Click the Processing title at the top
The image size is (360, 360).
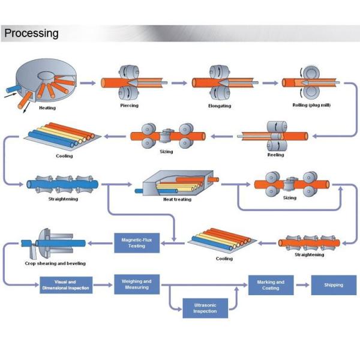pos(31,33)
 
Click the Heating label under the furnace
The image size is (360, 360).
pos(47,109)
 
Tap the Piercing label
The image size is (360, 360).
pos(129,106)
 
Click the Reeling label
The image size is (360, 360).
pos(275,155)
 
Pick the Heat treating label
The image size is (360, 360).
pos(177,199)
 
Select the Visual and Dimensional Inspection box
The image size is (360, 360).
pos(66,285)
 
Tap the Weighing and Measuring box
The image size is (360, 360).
pos(136,284)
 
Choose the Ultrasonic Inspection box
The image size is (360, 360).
pos(205,308)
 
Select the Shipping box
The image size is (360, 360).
pos(334,284)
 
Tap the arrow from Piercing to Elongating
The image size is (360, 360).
pos(177,83)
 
